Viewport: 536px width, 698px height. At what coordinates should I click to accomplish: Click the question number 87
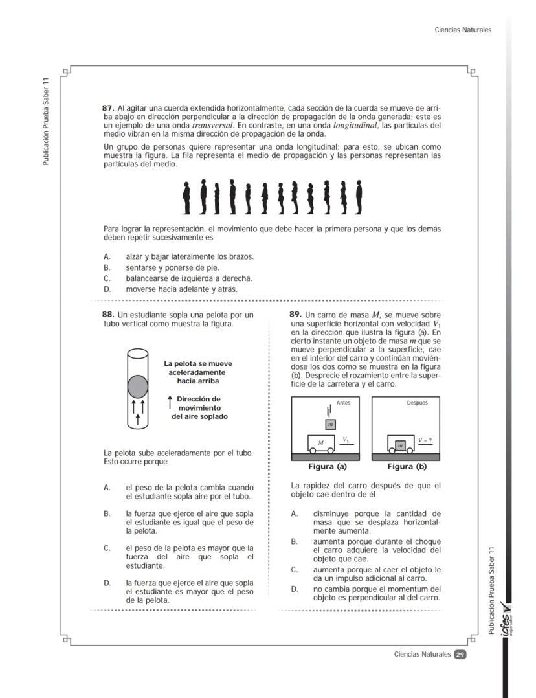[x=109, y=107]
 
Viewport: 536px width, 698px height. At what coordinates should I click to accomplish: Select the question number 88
[x=109, y=315]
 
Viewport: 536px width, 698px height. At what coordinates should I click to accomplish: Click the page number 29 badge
[x=460, y=654]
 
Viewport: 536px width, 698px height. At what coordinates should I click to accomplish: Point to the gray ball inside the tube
[x=137, y=386]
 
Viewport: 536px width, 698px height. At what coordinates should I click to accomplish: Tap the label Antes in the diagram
[x=344, y=403]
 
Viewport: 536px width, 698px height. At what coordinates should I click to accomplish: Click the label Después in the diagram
[x=417, y=403]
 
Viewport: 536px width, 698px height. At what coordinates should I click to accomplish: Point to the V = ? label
[x=425, y=440]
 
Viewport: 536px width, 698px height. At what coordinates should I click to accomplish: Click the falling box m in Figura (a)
[x=331, y=424]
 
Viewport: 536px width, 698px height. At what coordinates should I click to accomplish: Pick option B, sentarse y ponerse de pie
[x=172, y=267]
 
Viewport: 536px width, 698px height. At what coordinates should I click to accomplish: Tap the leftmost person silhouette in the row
[x=187, y=197]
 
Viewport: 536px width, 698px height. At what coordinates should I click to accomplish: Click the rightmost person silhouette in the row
[x=358, y=197]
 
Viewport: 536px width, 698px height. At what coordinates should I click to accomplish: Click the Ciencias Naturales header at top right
[x=463, y=30]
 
